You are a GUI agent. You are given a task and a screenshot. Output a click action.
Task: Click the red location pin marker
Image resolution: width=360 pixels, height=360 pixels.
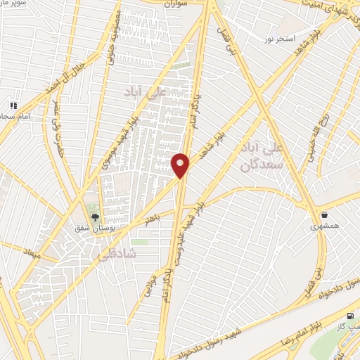181,165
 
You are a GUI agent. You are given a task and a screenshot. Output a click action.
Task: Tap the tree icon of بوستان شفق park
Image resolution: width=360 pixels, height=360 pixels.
94,216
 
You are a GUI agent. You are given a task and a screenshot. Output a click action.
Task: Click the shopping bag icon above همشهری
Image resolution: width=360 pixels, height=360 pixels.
323,214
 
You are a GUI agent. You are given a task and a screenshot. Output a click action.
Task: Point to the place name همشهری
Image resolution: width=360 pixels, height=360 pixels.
324,227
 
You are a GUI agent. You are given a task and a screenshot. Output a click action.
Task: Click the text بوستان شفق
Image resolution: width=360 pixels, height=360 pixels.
94,228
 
